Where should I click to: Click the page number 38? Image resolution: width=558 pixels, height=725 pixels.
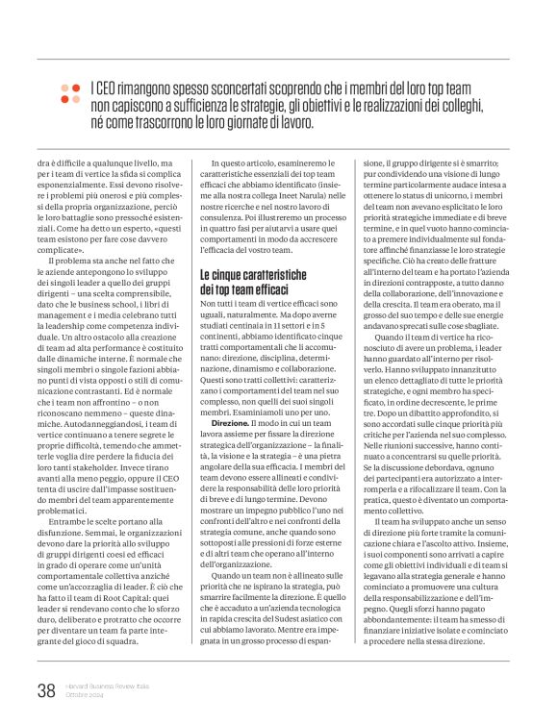[x=44, y=688]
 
